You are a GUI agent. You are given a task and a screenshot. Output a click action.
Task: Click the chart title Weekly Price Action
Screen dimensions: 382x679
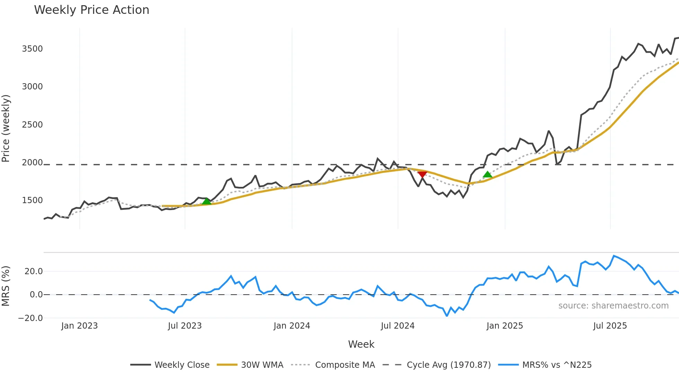click(91, 10)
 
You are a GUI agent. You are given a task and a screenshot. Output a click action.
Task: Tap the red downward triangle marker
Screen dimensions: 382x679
click(422, 174)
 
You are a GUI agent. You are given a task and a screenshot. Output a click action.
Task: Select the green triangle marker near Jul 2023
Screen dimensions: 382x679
click(206, 201)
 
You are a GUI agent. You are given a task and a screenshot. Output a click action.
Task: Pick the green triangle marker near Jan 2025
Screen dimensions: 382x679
click(487, 174)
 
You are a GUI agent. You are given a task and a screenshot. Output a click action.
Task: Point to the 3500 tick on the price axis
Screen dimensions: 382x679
click(32, 49)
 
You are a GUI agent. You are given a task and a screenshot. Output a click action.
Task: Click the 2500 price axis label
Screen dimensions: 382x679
click(32, 125)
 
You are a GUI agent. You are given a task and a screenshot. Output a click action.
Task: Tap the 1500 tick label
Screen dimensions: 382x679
click(32, 200)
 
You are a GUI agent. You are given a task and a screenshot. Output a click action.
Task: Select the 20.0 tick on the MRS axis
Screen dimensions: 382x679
click(34, 271)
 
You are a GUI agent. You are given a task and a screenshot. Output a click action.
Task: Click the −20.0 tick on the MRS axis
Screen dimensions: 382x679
click(30, 318)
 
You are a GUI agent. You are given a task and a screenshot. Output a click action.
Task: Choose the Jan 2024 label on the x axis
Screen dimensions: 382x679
click(292, 326)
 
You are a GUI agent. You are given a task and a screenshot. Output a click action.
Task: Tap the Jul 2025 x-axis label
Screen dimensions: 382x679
click(610, 326)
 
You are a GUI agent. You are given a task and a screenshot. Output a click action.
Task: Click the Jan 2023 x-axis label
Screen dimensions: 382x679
click(79, 326)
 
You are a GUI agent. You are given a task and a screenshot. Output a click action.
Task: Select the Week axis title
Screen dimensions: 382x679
click(361, 344)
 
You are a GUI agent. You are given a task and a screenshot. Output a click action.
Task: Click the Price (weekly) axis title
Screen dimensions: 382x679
click(6, 128)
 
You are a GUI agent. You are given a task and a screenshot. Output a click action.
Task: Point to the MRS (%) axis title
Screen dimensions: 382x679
click(6, 286)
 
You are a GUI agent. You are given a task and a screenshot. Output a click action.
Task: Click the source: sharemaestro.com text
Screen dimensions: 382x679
click(613, 306)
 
